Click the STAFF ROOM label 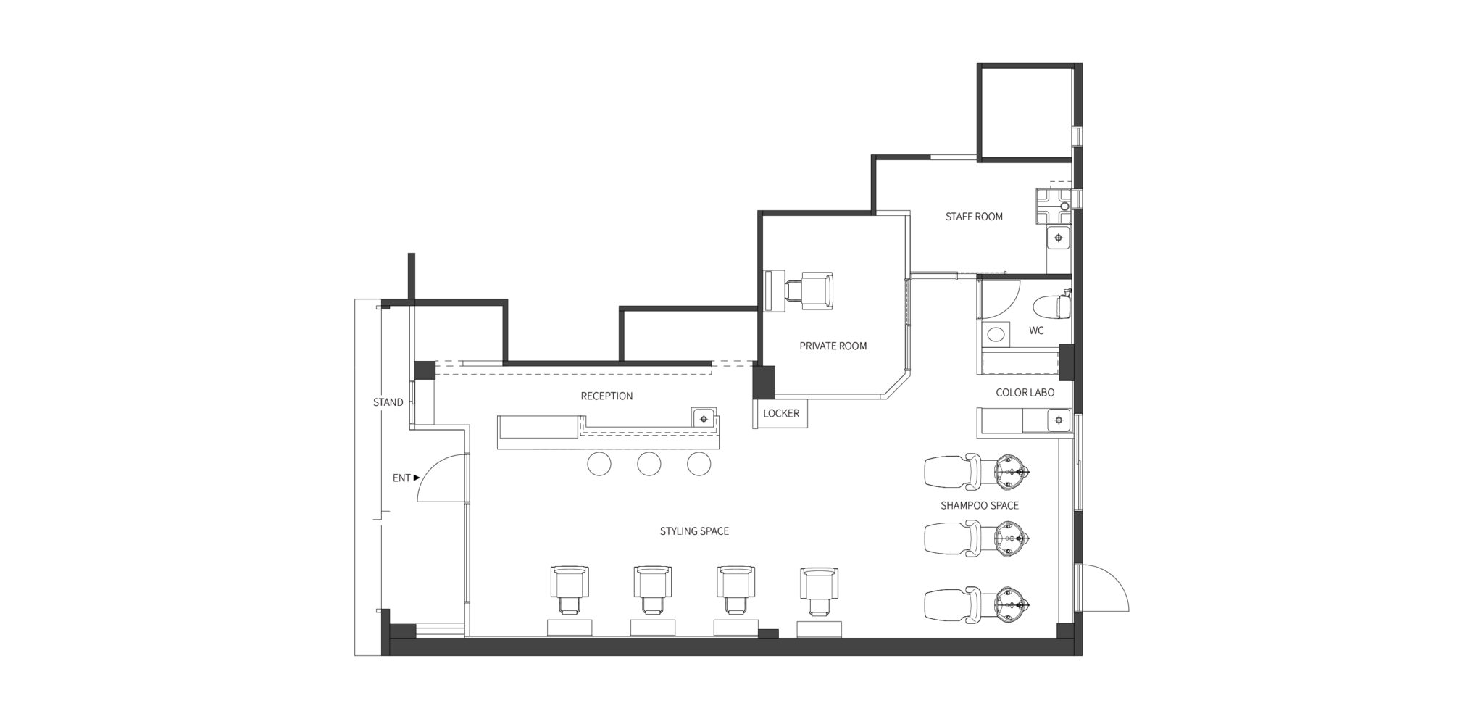coord(974,217)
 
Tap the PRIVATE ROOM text coord(833,346)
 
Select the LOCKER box coord(780,414)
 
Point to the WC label coord(1036,331)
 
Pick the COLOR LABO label coord(1025,393)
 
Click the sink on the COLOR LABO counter coord(1059,420)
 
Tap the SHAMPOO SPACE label coord(980,505)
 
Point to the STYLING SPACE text coord(694,531)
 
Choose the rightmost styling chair coord(818,591)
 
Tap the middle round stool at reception coord(649,464)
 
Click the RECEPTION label coord(606,396)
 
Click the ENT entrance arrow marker coord(417,478)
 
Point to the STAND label coord(388,402)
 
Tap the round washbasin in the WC coord(997,334)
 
